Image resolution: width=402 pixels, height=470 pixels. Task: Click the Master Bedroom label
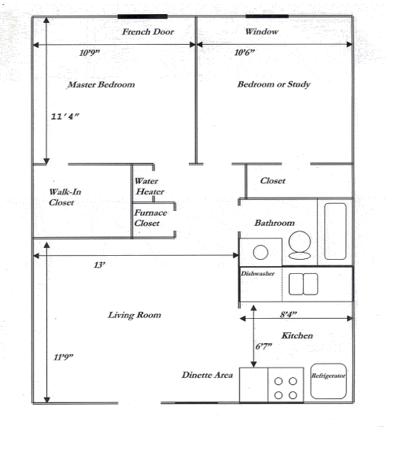coord(101,85)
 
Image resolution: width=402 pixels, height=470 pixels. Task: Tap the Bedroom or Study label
coord(274,85)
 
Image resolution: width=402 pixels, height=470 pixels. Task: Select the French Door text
coord(148,32)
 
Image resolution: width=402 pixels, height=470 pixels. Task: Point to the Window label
coord(261,32)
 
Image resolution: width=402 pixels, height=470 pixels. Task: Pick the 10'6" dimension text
coord(245,54)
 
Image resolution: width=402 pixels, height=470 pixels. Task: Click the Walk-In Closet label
coord(61,197)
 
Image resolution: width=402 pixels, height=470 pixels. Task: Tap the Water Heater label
coord(149,186)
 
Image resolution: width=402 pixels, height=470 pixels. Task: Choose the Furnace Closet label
coord(148,218)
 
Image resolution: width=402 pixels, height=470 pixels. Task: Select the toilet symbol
coord(299,246)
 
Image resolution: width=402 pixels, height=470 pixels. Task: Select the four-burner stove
coord(286,386)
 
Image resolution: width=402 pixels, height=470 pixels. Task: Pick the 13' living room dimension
coord(99,265)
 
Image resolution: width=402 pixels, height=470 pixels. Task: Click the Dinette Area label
coord(207,376)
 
